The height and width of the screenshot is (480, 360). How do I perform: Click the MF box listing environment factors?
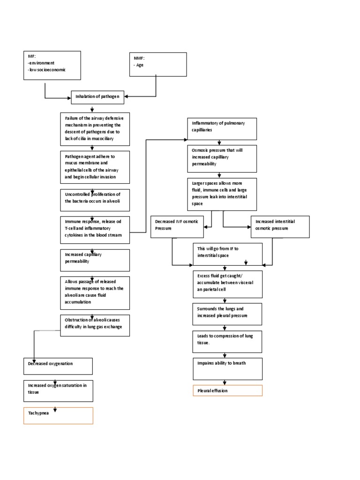52,65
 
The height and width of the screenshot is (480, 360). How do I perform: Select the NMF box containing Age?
158,64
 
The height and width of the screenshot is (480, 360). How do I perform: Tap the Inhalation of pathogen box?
97,97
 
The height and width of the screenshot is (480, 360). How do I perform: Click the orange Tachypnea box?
58,415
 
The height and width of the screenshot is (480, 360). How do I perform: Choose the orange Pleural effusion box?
227,390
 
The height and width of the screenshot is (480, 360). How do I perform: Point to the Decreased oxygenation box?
58,366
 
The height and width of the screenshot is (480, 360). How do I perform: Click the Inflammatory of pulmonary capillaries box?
222,129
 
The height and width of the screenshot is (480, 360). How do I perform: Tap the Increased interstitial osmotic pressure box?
280,227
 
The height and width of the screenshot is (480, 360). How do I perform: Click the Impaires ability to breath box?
227,368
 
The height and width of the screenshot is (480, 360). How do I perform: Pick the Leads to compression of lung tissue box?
227,342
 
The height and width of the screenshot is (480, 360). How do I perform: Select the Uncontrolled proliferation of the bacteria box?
95,200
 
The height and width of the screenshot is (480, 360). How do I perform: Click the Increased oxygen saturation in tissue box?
58,391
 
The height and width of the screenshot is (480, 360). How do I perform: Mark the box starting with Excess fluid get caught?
227,285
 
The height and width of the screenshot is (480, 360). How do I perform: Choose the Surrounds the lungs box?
227,315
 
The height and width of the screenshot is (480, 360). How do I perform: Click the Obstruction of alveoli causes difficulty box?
95,325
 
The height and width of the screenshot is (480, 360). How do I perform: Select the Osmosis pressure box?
222,158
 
